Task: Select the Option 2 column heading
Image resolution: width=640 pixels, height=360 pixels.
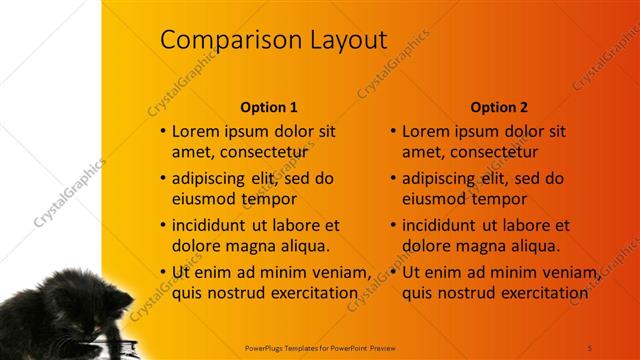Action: pos(499,107)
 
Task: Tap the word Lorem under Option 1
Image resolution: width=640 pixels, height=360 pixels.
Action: pos(196,131)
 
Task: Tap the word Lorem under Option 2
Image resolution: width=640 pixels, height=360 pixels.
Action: pos(426,131)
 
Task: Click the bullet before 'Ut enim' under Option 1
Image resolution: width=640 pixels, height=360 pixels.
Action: pos(163,272)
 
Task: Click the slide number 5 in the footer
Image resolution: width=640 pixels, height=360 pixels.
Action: pos(590,346)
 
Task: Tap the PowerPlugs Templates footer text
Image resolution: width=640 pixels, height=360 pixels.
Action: pos(319,346)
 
